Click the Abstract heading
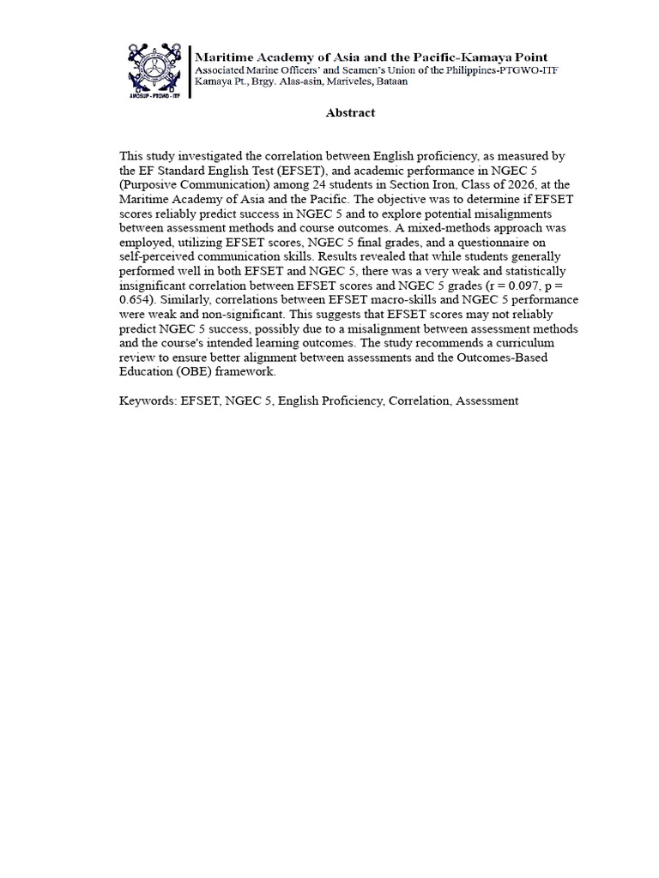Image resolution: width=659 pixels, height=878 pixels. [350, 112]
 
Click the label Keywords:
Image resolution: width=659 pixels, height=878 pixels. [148, 400]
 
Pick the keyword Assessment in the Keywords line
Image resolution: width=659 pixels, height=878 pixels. [487, 400]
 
